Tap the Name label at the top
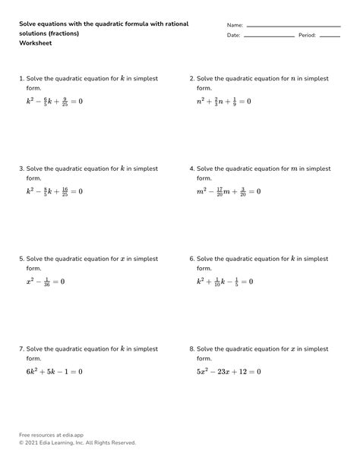[235, 25]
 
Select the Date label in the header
[233, 35]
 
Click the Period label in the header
[307, 35]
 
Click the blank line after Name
[293, 27]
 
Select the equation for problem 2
[224, 101]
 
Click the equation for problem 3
[55, 191]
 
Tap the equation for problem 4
[229, 191]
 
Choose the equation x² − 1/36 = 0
[46, 282]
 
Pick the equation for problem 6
[225, 282]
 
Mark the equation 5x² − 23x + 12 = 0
[229, 372]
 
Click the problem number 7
[21, 349]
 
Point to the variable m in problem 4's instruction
[295, 168]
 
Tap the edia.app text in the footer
[68, 435]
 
